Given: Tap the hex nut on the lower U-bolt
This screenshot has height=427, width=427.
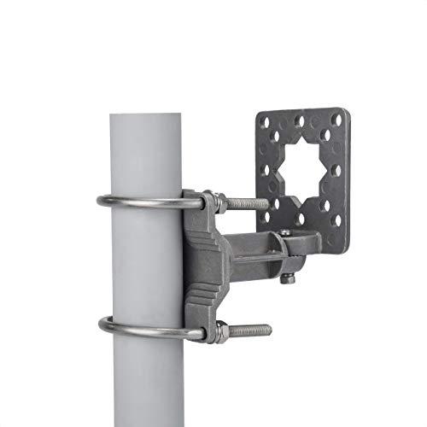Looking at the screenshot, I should tap(220, 330).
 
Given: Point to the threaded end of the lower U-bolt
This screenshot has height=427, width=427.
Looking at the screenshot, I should tap(253, 330).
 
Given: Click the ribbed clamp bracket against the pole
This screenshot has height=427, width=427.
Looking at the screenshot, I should tap(205, 265).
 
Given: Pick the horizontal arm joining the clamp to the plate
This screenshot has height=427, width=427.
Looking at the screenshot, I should tap(256, 249).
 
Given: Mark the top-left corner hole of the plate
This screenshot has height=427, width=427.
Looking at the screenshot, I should tap(266, 123).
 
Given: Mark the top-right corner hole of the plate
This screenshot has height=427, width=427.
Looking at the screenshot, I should tap(339, 120).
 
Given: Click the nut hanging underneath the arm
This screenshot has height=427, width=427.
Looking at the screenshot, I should tap(289, 278).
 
